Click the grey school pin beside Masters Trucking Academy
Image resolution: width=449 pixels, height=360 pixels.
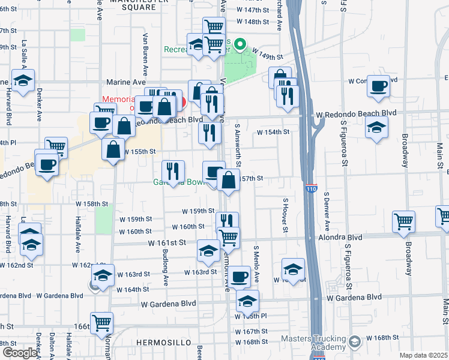(354, 342)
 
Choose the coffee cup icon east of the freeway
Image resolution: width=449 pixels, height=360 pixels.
(378, 86)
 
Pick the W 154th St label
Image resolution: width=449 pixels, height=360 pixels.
(273, 132)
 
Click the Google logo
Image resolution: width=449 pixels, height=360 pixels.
(19, 352)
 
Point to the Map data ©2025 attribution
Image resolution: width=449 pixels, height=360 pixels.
(423, 355)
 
